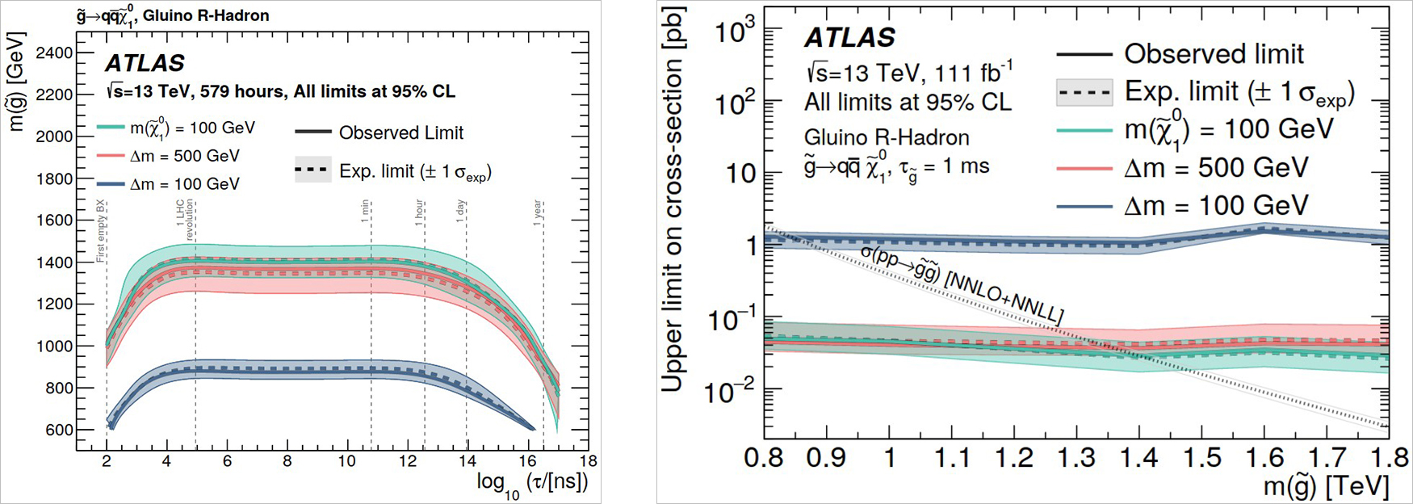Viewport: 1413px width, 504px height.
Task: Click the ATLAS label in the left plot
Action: point(145,63)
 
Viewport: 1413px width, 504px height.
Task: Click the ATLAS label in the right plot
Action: point(849,37)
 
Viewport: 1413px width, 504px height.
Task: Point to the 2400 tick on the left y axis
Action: point(54,52)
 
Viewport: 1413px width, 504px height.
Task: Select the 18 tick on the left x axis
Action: point(589,460)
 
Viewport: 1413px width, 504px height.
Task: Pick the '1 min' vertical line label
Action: point(366,212)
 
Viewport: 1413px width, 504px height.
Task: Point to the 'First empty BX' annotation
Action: point(101,230)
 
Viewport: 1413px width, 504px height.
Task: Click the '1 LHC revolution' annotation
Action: point(185,220)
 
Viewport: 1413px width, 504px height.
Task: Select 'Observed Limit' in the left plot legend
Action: point(400,132)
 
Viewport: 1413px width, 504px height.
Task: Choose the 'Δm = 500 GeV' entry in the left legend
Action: point(184,156)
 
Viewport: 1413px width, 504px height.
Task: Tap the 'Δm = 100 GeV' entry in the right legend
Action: point(1215,205)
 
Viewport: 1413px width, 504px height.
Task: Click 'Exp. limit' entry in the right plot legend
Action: point(1239,92)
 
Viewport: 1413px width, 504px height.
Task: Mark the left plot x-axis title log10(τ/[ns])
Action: point(531,483)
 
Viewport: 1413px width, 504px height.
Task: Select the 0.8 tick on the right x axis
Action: point(764,458)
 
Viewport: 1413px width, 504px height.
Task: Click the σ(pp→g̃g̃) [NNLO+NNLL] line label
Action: point(961,285)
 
